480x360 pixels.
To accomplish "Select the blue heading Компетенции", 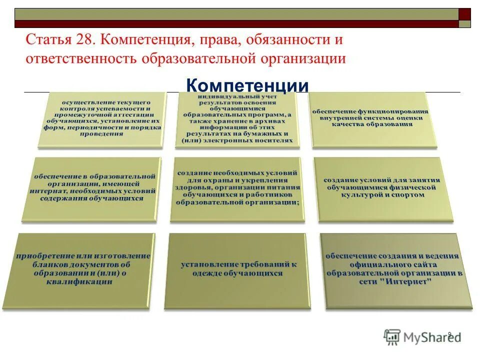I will [247, 85].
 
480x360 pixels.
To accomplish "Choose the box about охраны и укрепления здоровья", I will [237, 188].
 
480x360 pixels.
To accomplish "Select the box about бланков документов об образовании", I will [83, 269].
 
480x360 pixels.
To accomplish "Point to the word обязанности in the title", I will [282, 39].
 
